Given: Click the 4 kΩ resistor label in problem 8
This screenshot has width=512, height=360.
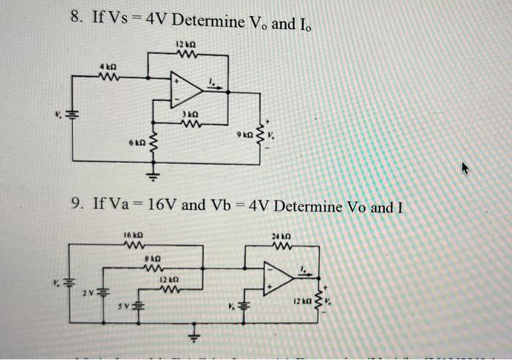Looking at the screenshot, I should point(108,67).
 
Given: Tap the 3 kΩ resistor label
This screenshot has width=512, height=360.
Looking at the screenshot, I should point(190,115).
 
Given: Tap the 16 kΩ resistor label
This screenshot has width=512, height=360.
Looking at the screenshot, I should point(132,234).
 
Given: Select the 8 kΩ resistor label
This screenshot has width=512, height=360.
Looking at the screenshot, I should point(151,258).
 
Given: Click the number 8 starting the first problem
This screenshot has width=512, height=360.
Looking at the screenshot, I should point(76,18).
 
